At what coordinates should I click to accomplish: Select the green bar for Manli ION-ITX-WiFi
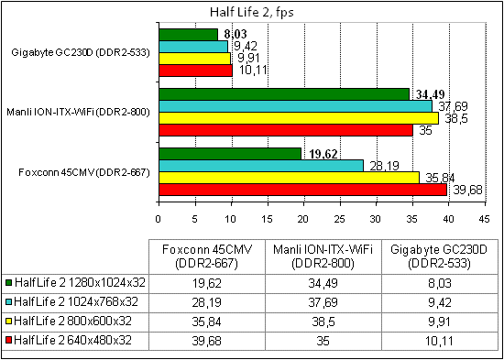(284, 94)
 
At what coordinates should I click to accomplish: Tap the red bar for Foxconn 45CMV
(302, 190)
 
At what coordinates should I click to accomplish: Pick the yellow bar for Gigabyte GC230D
(194, 58)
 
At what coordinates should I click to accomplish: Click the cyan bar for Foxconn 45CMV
(261, 166)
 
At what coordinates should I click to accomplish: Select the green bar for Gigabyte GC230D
(188, 34)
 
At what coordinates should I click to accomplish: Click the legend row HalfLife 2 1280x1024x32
(76, 283)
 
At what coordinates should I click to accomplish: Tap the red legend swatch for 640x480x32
(9, 341)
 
